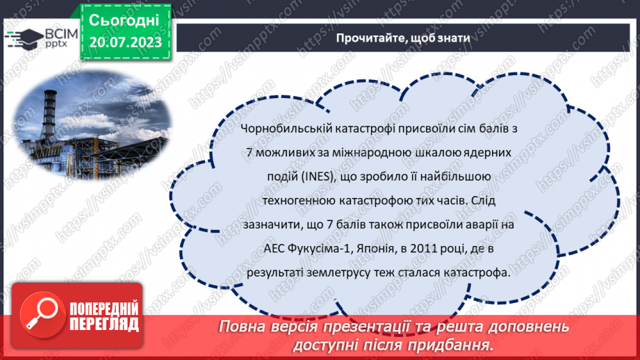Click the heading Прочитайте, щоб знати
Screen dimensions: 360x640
pyautogui.click(x=403, y=38)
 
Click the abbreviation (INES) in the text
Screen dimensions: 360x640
pyautogui.click(x=315, y=177)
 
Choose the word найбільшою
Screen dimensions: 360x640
pyautogui.click(x=461, y=177)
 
